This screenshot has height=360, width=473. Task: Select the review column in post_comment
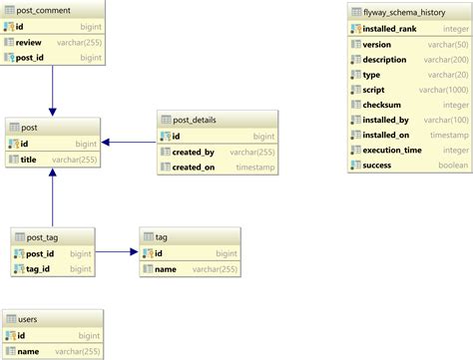coord(28,43)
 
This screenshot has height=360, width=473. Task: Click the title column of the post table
coord(28,160)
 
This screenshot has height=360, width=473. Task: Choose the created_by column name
coord(193,152)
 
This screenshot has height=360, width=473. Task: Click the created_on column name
coord(194,168)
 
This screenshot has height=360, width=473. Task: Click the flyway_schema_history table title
coord(404,12)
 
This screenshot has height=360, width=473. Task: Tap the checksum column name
coord(383,105)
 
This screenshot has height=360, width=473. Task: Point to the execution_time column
coord(391,150)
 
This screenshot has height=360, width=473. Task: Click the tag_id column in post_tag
coord(38,269)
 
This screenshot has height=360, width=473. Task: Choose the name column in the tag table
coord(166,269)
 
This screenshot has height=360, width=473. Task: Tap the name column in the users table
coord(28,351)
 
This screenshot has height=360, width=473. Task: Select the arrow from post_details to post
coord(129,143)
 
